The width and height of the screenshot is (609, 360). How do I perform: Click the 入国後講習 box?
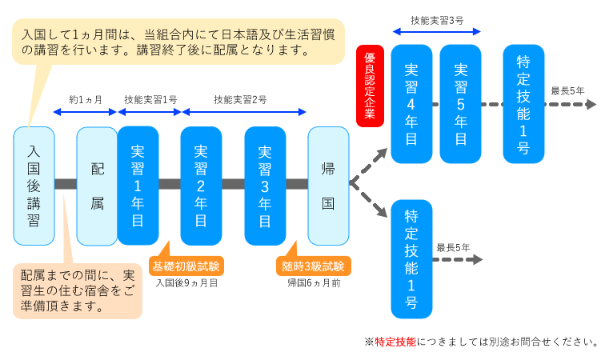click(34, 186)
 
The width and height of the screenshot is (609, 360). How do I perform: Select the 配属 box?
click(97, 186)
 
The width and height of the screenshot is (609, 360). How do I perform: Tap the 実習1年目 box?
click(138, 186)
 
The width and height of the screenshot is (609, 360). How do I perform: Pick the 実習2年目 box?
click(201, 186)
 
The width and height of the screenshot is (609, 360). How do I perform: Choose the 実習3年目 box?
click(265, 186)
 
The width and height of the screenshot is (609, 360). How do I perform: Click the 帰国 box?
click(328, 186)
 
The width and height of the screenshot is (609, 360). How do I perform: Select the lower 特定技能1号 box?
click(411, 258)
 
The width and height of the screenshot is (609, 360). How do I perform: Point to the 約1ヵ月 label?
click(86, 100)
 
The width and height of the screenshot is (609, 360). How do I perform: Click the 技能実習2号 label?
click(240, 100)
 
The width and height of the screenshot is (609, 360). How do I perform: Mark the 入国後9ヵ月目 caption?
click(186, 282)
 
